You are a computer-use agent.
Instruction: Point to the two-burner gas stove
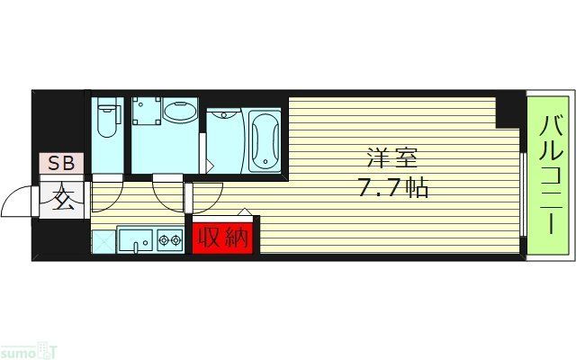coord(168,240)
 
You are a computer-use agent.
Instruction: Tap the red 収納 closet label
coord(222,238)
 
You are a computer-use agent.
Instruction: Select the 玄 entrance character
coord(62,198)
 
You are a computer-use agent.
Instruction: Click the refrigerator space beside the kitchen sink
coord(103,241)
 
